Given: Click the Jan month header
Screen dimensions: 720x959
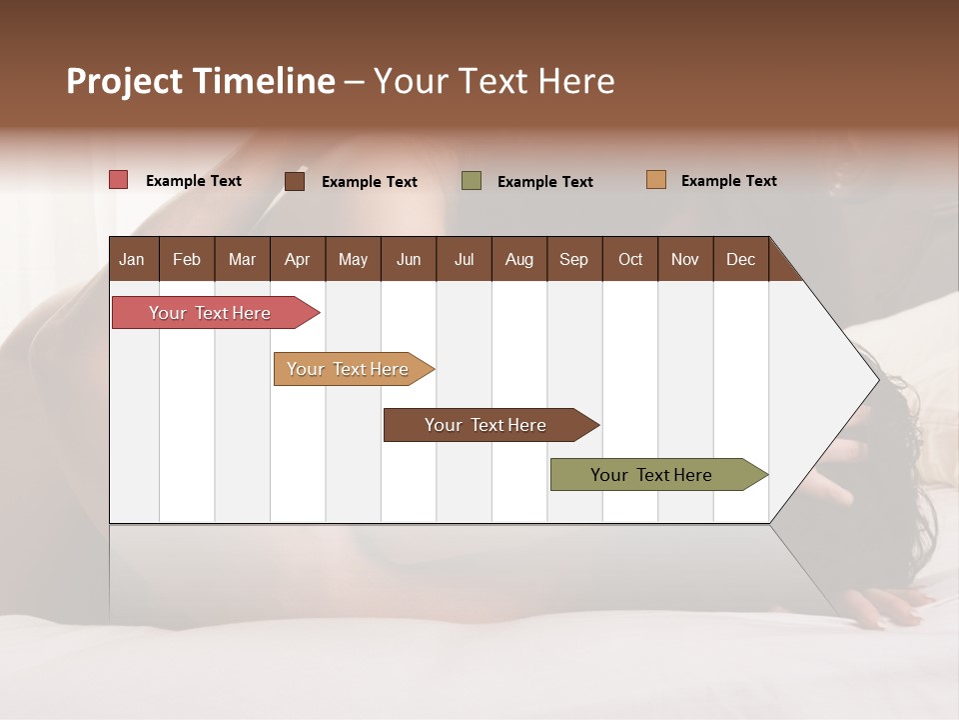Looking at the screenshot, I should (x=132, y=259).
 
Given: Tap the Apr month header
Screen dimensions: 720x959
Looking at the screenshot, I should (x=297, y=259).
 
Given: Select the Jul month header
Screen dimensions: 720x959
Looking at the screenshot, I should (x=464, y=259).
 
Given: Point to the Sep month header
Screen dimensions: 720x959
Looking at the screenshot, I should (x=573, y=259).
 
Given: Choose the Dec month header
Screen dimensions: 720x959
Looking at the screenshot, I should (x=740, y=259).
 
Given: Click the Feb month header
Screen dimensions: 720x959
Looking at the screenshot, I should (x=187, y=259).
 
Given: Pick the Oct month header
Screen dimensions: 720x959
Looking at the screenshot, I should (x=630, y=259).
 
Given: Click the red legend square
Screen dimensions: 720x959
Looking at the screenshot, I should (x=119, y=180).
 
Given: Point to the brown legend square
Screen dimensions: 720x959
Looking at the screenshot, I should (x=295, y=181).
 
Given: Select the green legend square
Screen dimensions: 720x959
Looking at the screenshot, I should (x=472, y=181).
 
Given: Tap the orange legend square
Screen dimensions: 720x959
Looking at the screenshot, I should (x=656, y=180).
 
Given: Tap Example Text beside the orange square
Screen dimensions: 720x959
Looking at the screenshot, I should (x=728, y=181).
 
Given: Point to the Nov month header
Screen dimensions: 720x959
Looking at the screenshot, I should (x=685, y=259).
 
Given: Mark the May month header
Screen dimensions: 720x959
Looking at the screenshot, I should (x=353, y=259).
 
